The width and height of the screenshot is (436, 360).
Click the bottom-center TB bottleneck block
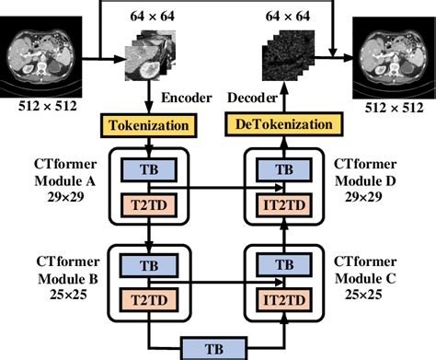tap(218, 346)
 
